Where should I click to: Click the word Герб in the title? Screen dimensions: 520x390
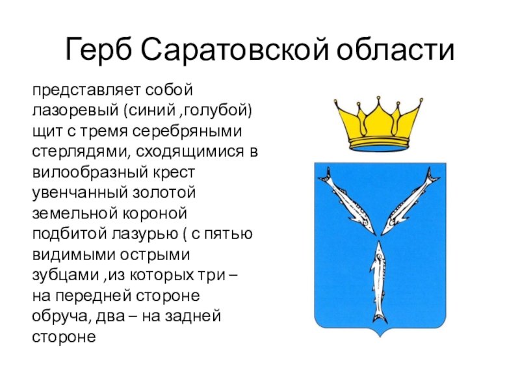98,50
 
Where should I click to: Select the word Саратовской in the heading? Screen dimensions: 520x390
235,49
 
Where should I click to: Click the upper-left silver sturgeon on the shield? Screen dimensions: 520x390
347,201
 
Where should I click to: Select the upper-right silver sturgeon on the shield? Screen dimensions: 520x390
410,201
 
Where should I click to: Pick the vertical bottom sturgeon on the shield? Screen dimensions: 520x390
378,282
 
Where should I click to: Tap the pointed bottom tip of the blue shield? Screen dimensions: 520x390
380,337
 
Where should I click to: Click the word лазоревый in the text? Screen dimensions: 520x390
75,110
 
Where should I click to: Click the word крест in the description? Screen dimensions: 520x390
174,173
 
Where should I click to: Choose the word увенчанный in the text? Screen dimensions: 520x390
80,193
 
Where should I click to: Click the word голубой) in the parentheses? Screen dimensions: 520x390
218,110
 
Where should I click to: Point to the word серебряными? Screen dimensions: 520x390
187,132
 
